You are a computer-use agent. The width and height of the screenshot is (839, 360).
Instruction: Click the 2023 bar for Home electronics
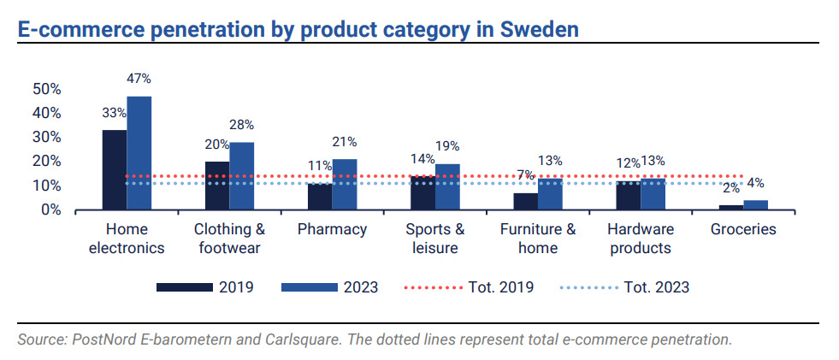click(x=139, y=153)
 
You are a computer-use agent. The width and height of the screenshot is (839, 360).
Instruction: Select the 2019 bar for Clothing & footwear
click(x=217, y=186)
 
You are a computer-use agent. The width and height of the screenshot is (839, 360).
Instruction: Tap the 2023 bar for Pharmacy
click(x=345, y=184)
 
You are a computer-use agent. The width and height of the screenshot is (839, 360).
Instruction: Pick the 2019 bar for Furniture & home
click(x=526, y=201)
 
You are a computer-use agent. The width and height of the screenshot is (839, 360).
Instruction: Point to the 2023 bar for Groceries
click(x=755, y=204)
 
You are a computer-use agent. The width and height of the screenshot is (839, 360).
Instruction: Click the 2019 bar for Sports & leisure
click(x=422, y=192)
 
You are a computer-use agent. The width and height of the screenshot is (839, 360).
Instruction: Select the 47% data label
click(x=139, y=79)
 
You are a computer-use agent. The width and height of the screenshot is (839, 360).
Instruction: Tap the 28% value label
click(x=241, y=125)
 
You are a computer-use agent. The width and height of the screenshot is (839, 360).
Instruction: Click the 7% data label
click(x=525, y=174)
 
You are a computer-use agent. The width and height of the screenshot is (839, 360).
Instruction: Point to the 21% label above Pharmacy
click(x=345, y=142)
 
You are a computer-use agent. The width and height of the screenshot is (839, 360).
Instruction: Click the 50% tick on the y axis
click(x=46, y=89)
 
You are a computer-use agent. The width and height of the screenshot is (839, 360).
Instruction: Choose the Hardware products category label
click(x=641, y=239)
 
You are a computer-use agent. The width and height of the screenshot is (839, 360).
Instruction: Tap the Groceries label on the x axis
click(x=743, y=229)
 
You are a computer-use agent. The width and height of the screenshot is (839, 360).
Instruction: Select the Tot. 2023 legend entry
click(x=624, y=287)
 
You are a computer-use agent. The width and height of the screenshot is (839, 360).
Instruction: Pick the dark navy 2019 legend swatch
click(x=184, y=287)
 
